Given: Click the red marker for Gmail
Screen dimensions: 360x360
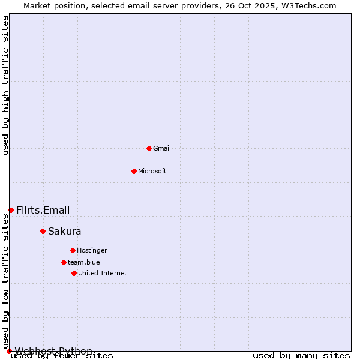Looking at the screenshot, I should click(149, 148).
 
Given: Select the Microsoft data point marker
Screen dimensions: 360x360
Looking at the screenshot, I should click(134, 171).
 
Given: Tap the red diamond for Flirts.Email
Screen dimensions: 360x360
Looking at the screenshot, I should click(11, 210).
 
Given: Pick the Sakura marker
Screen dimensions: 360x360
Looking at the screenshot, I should click(43, 231).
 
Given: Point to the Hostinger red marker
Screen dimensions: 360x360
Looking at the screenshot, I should click(73, 250).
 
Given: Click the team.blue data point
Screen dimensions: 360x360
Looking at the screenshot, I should click(64, 262).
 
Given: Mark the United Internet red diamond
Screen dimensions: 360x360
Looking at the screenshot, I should click(74, 273).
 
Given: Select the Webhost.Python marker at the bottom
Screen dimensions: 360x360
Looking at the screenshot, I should click(9, 351).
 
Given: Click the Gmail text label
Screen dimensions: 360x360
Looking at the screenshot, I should click(162, 148).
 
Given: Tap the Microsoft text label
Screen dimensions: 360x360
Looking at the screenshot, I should click(152, 171).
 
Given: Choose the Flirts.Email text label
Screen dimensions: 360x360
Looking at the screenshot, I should click(43, 210).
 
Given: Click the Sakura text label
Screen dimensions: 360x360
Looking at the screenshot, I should click(65, 231).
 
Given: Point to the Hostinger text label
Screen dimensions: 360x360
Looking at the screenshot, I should click(92, 250).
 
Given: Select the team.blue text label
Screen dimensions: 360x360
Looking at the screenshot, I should click(84, 262).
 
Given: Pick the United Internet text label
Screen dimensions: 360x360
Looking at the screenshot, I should click(103, 273).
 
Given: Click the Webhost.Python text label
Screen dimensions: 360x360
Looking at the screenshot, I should click(54, 351).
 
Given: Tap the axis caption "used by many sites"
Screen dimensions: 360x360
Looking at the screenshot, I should click(301, 356).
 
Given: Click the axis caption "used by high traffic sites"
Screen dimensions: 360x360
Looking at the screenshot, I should click(6, 85).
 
